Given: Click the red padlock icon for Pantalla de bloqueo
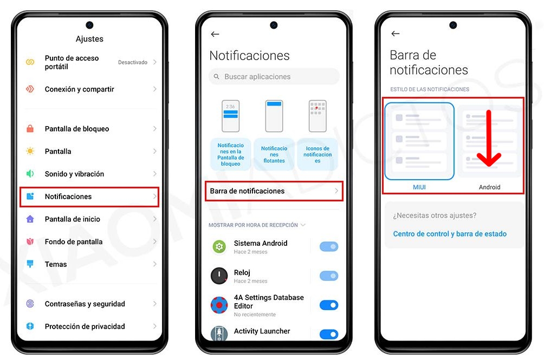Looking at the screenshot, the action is tap(30, 128).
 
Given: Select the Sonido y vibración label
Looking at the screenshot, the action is tap(74, 174).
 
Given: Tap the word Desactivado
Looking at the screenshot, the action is tap(133, 62).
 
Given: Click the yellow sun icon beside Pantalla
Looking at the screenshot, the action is tap(30, 151).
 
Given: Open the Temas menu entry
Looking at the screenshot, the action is tap(55, 264).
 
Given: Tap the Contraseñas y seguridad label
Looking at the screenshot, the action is tap(85, 304).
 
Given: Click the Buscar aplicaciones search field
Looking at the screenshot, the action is tap(274, 76).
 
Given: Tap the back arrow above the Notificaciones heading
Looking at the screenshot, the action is tap(215, 34).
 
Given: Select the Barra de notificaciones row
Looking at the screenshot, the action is tap(274, 191).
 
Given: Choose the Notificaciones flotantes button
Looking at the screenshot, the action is tap(274, 154).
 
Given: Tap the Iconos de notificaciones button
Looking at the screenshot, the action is tap(318, 154).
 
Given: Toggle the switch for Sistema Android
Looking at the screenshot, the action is tap(328, 247).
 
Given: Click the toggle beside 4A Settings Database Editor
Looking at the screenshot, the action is tap(328, 305).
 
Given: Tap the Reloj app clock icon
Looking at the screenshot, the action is tap(219, 276).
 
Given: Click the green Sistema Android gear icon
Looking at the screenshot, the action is tap(219, 247).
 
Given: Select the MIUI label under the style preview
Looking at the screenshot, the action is tap(419, 187).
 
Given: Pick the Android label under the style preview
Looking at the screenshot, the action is tap(489, 187).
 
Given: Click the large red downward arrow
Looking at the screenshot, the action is tap(489, 138).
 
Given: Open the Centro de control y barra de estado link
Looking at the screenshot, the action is tap(450, 234).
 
